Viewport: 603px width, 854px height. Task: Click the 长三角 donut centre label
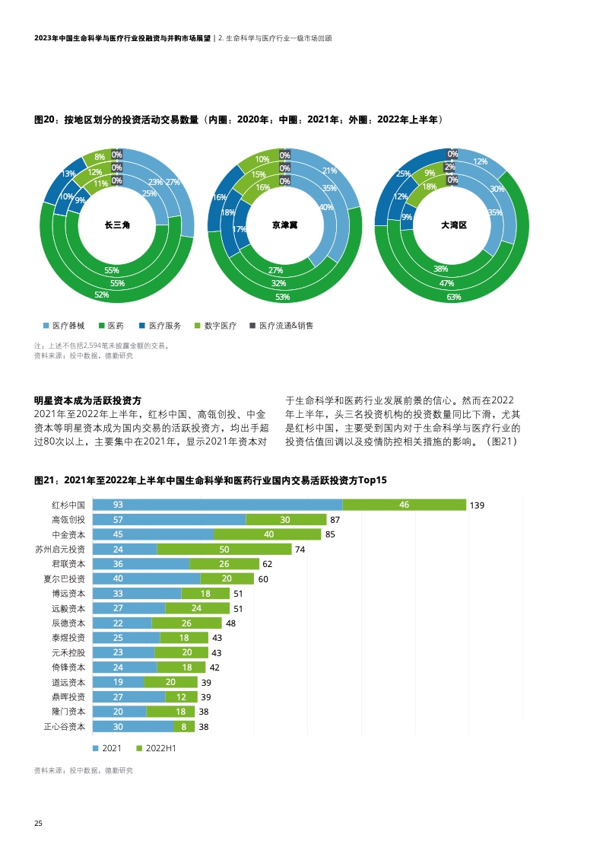point(117,225)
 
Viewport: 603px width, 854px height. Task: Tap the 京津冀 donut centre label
point(285,225)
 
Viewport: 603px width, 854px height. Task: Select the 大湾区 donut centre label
point(453,225)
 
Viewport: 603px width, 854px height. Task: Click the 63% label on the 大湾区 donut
point(453,297)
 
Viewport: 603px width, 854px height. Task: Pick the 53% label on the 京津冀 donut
point(282,297)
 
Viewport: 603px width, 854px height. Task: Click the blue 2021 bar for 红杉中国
point(217,505)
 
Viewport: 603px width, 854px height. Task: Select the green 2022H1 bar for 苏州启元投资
point(224,549)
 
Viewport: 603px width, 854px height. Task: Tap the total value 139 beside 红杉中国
point(478,505)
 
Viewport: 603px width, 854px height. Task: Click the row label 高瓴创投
point(68,520)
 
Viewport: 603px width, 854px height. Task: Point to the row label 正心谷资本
point(65,727)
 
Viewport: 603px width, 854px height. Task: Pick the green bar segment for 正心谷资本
point(184,727)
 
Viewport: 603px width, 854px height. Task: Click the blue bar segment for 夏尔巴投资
point(146,579)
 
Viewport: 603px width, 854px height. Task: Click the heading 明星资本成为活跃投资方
point(88,400)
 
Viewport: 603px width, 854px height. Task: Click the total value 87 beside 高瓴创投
point(335,520)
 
